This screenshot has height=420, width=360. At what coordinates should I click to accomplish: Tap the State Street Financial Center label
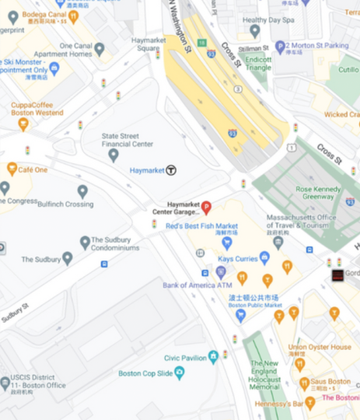[x=127, y=139]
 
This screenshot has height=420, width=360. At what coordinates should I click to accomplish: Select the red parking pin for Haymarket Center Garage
[x=206, y=207]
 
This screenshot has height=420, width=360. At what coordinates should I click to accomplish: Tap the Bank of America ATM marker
[x=221, y=272]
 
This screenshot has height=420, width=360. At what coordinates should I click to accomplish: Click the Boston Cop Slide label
[x=146, y=373]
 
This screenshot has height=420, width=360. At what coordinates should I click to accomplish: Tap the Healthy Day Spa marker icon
[x=255, y=30]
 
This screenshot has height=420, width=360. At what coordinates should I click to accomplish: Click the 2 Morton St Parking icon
[x=280, y=47]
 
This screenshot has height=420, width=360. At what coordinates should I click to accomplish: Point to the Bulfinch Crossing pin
[x=82, y=191]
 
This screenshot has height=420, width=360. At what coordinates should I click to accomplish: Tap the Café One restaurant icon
[x=12, y=169]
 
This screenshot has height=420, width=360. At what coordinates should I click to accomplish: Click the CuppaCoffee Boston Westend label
[x=37, y=109]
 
